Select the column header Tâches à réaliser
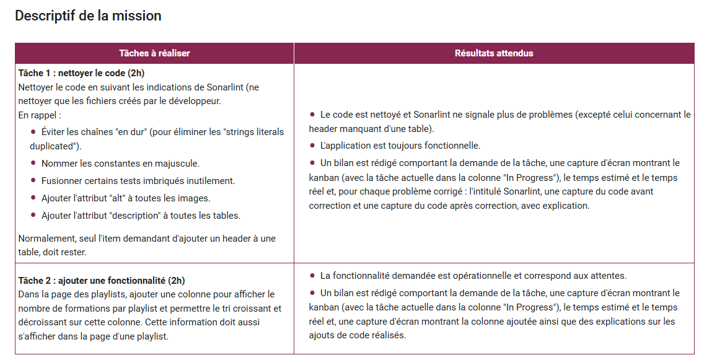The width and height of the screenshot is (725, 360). [x=154, y=53]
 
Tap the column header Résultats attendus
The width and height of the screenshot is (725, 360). [x=494, y=53]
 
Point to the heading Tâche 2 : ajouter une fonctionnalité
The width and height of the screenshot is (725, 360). [x=101, y=280]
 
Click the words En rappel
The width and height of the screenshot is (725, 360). [x=40, y=115]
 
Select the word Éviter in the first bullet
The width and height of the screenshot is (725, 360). [x=54, y=132]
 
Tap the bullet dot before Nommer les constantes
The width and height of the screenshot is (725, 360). [x=33, y=163]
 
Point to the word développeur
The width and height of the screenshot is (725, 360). [x=194, y=101]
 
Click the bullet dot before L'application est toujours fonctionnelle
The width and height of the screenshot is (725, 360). [x=312, y=146]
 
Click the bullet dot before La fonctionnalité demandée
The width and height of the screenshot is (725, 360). [x=312, y=276]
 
